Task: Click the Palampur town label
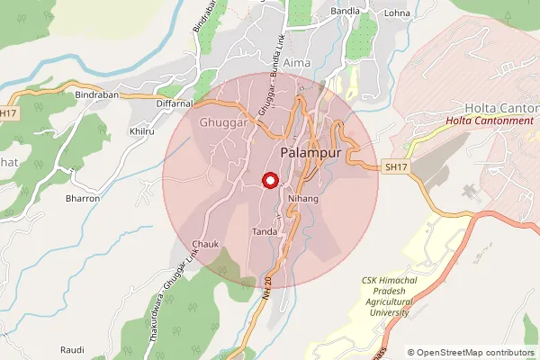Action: click(x=310, y=153)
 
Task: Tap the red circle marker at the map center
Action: click(x=268, y=181)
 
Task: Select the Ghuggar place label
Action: click(x=224, y=123)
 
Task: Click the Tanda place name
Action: click(x=264, y=231)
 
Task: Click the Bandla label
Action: click(x=346, y=11)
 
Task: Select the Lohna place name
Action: click(x=397, y=13)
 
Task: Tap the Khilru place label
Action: click(x=142, y=131)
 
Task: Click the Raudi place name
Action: click(x=72, y=348)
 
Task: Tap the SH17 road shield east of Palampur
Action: click(x=395, y=167)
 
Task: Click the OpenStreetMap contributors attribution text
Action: click(x=472, y=353)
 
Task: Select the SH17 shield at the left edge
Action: click(x=9, y=113)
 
